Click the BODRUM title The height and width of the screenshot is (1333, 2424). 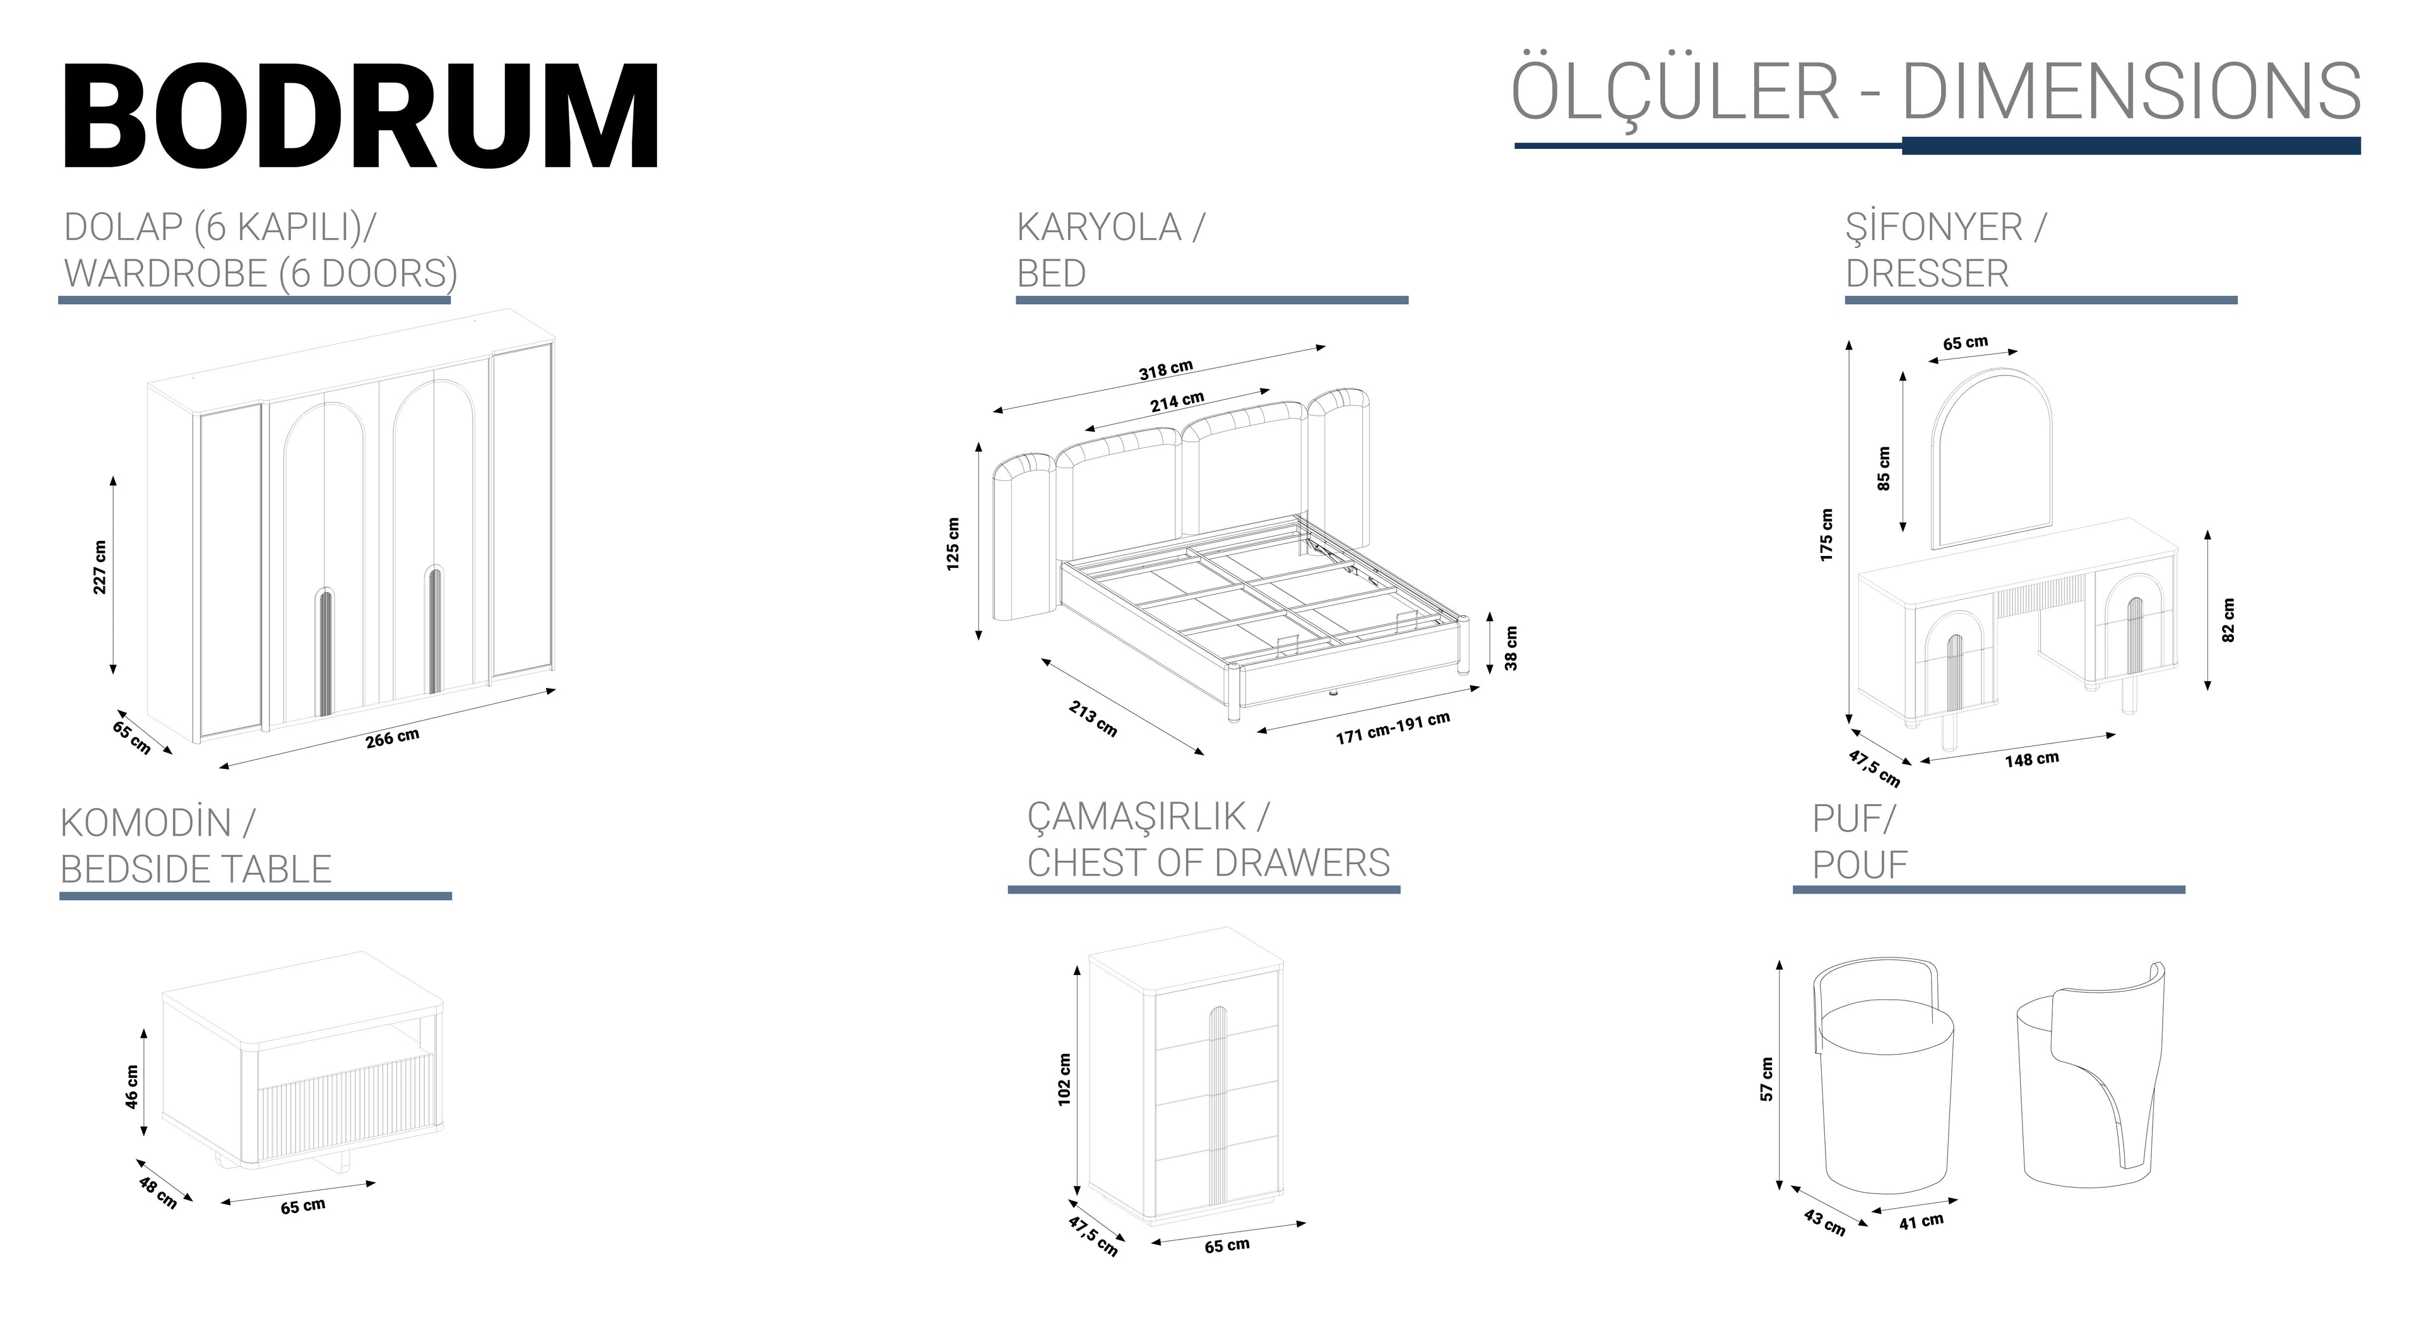click(361, 117)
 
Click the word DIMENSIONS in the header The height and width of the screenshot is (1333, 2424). click(2130, 92)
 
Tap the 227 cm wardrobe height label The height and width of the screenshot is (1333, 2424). click(100, 567)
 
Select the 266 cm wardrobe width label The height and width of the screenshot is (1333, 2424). click(393, 738)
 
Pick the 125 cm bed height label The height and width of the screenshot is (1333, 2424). click(953, 543)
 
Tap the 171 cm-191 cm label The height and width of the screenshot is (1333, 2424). click(1393, 727)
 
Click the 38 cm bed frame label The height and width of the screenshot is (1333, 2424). click(1511, 649)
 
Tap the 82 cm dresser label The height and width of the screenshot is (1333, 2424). click(2227, 620)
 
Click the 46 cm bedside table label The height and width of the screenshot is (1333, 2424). click(133, 1086)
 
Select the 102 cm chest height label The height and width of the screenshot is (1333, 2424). click(1064, 1079)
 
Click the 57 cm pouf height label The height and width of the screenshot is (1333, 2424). click(1766, 1079)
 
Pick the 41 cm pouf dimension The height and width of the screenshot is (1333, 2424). click(1920, 1222)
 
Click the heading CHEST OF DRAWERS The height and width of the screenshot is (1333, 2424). click(1208, 863)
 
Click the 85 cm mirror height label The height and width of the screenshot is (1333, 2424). click(1884, 468)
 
